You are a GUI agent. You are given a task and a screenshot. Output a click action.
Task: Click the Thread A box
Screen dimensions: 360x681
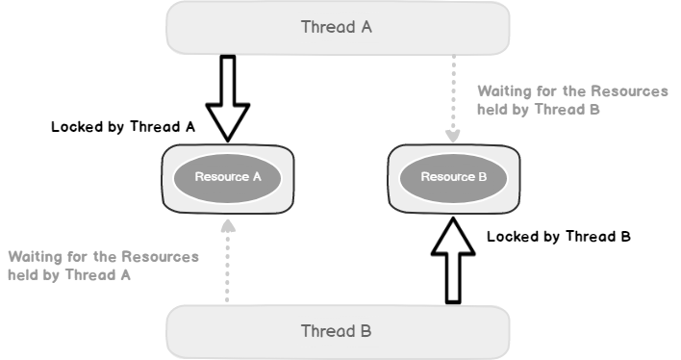(240, 28)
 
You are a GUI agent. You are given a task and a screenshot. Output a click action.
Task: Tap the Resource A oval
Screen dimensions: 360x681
(228, 177)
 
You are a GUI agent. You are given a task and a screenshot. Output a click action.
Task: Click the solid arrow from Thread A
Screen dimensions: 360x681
(228, 96)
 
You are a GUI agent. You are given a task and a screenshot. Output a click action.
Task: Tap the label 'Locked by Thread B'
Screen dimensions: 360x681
(558, 236)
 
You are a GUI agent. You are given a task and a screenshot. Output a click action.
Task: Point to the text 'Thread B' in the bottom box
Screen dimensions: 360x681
(337, 331)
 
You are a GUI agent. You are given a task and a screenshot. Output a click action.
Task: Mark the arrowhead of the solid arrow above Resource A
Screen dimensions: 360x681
(228, 125)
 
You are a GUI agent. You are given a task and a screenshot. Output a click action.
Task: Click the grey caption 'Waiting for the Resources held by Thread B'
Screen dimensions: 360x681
(572, 100)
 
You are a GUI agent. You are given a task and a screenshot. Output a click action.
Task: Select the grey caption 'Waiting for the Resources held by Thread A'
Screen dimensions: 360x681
(103, 266)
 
